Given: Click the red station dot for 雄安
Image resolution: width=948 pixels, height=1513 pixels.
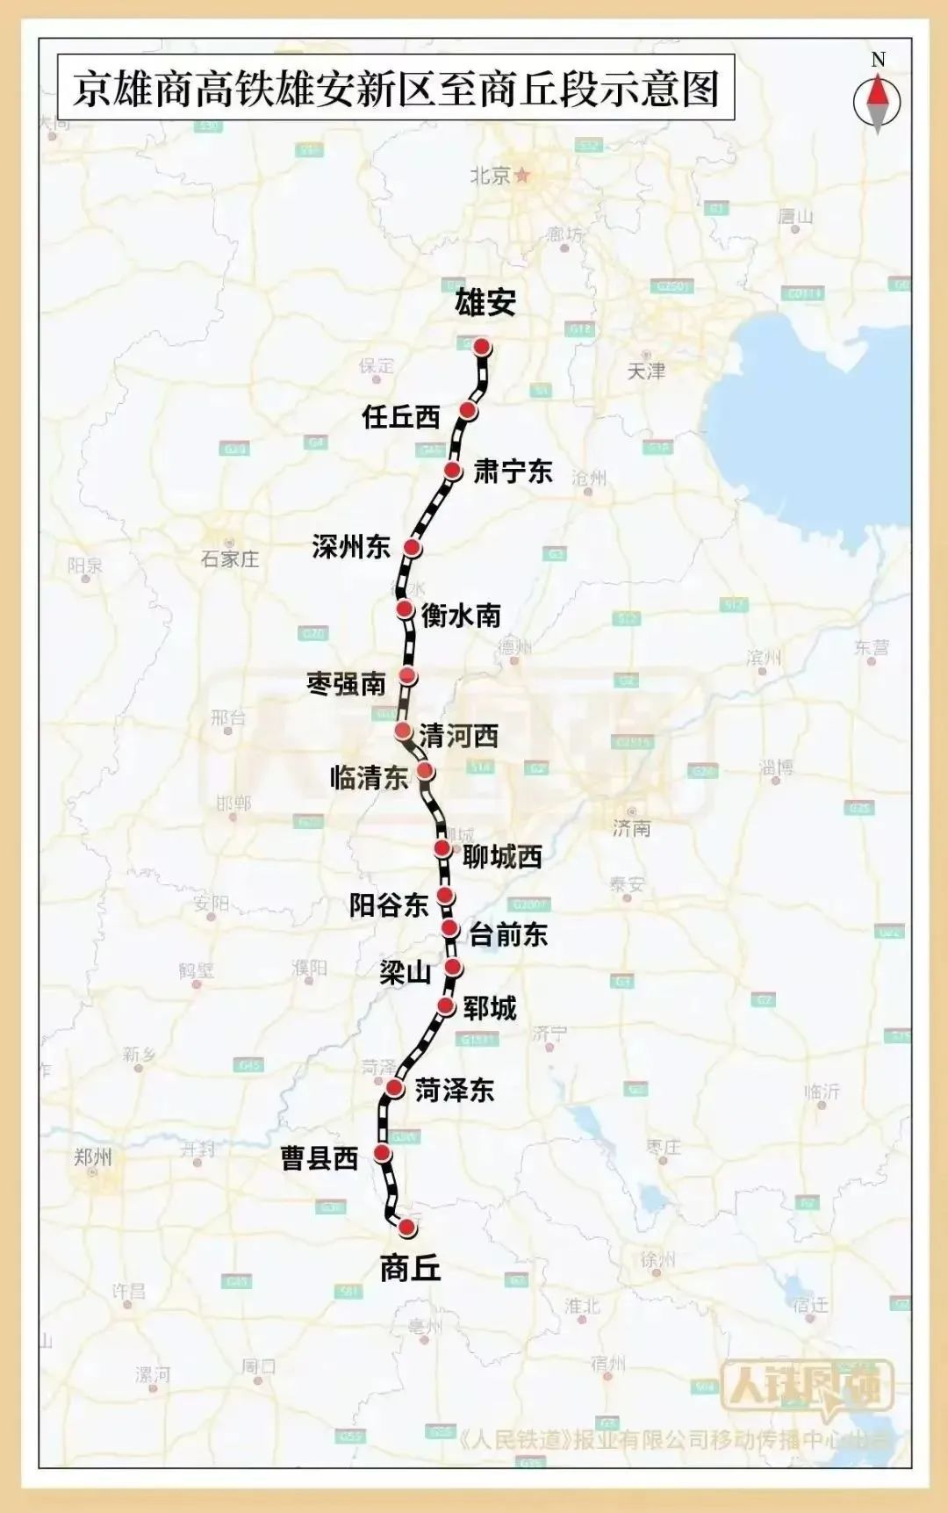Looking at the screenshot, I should tap(482, 347).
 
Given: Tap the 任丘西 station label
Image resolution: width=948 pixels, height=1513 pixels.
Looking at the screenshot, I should tap(401, 415).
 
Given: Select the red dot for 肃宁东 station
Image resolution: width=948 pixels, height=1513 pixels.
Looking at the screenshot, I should tap(453, 471).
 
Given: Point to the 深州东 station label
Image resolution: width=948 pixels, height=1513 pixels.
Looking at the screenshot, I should tap(351, 547).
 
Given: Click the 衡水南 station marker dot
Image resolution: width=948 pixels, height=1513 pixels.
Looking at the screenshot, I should tap(405, 609).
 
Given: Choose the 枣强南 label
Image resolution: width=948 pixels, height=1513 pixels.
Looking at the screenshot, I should tap(347, 683).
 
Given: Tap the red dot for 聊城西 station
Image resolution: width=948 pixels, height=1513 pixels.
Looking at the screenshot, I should tap(442, 848).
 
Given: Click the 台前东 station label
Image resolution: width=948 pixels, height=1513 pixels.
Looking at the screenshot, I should tap(508, 934).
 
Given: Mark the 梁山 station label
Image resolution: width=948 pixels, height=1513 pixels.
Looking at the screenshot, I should tap(405, 972).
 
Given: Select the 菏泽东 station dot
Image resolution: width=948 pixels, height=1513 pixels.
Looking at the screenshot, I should tap(396, 1090).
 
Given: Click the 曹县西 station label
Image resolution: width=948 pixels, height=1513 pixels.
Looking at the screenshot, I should tap(320, 1158).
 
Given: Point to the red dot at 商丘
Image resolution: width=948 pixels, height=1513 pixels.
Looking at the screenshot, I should tap(406, 1227).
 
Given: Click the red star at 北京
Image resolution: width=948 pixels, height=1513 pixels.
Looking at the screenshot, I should tap(523, 175).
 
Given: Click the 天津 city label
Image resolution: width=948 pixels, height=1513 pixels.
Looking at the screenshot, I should tap(646, 371).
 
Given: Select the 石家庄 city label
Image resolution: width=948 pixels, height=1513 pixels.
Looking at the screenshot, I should tap(230, 558).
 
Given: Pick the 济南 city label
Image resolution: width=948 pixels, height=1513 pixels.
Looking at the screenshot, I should tap(632, 827).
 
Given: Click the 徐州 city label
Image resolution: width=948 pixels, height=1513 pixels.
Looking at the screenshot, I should tap(657, 1260).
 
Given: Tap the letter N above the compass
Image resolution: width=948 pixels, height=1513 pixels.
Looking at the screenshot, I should tap(878, 60).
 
